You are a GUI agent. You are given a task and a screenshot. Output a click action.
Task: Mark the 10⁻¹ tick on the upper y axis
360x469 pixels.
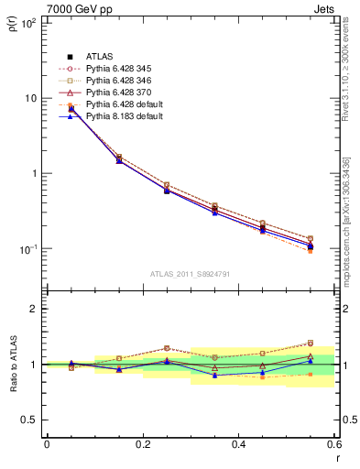(x=29, y=249)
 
